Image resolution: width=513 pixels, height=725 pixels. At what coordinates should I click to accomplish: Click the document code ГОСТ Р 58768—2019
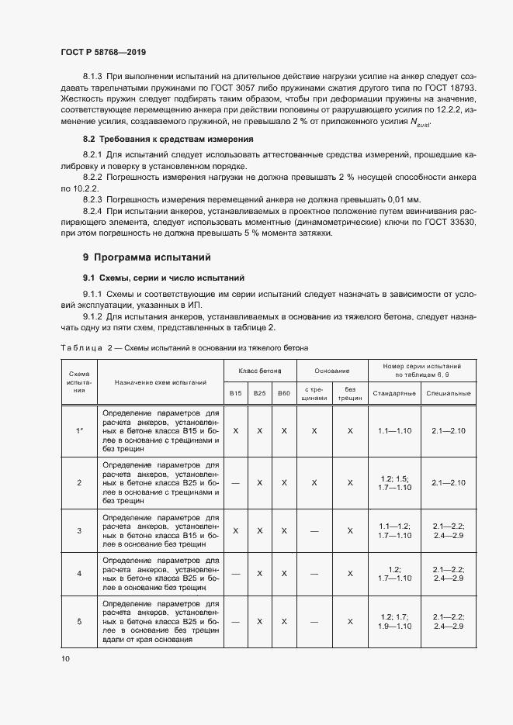(103, 53)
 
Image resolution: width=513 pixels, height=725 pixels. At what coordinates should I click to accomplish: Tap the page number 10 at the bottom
(64, 658)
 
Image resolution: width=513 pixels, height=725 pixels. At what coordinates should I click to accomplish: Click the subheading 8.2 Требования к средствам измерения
(168, 139)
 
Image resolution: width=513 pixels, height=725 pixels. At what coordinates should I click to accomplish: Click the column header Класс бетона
(259, 371)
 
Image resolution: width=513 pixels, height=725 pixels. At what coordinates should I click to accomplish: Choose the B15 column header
(235, 394)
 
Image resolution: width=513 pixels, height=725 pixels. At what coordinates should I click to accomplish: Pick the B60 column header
(283, 394)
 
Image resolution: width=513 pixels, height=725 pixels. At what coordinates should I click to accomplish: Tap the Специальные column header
(448, 394)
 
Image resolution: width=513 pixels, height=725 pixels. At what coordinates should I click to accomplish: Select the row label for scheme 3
(79, 530)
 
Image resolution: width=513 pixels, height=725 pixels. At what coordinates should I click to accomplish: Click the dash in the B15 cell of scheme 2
(235, 482)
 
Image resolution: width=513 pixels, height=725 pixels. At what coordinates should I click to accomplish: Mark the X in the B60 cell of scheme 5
(283, 621)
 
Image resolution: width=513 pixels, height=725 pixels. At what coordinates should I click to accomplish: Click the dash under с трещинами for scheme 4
(314, 574)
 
